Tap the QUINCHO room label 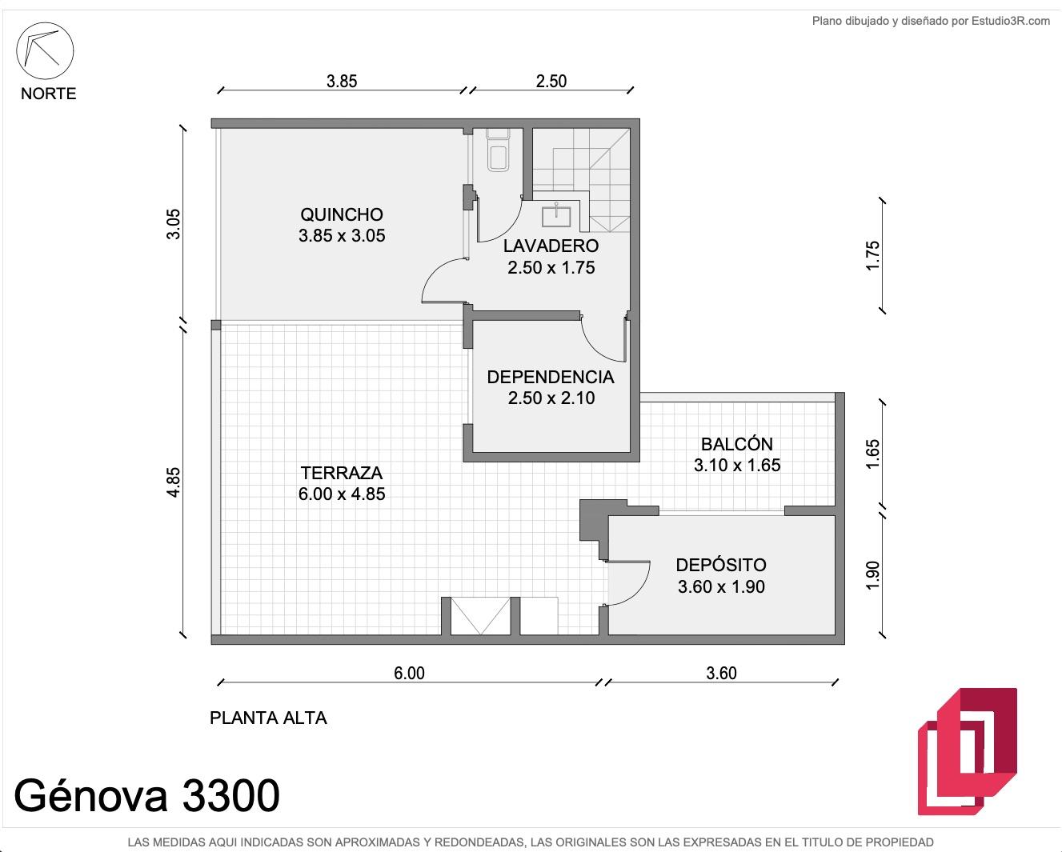pyautogui.click(x=342, y=214)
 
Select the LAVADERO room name pyautogui.click(x=551, y=246)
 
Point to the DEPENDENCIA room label pyautogui.click(x=551, y=377)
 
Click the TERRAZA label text pyautogui.click(x=342, y=473)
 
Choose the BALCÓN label pyautogui.click(x=737, y=444)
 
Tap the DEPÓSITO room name pyautogui.click(x=721, y=564)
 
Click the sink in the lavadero pyautogui.click(x=556, y=215)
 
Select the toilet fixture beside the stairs pyautogui.click(x=498, y=150)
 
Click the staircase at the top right pyautogui.click(x=581, y=180)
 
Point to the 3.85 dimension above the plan pyautogui.click(x=342, y=81)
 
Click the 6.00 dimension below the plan pyautogui.click(x=409, y=673)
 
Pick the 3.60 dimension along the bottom pyautogui.click(x=721, y=673)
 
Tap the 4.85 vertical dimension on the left pyautogui.click(x=173, y=482)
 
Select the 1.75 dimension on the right pyautogui.click(x=872, y=255)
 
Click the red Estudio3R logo pyautogui.click(x=968, y=752)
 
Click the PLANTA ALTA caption pyautogui.click(x=268, y=718)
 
